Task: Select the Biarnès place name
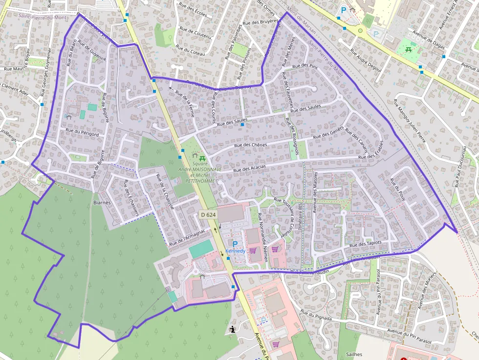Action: coord(102,202)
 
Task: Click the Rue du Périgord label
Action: coord(82,132)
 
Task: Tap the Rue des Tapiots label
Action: coord(366,243)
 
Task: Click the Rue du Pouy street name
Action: coord(397,188)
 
